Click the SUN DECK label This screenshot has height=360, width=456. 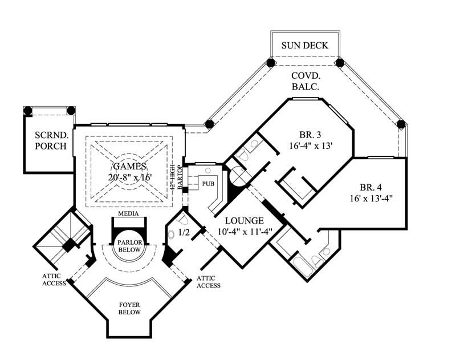click(305, 45)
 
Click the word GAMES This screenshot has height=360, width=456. click(129, 166)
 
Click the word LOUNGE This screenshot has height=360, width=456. click(243, 220)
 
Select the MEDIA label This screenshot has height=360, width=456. click(129, 213)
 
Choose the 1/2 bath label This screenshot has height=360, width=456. click(184, 233)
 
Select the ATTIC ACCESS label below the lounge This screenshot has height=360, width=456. click(207, 282)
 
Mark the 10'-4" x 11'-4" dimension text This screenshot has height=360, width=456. click(243, 231)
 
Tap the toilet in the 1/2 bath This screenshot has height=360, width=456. click(172, 234)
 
